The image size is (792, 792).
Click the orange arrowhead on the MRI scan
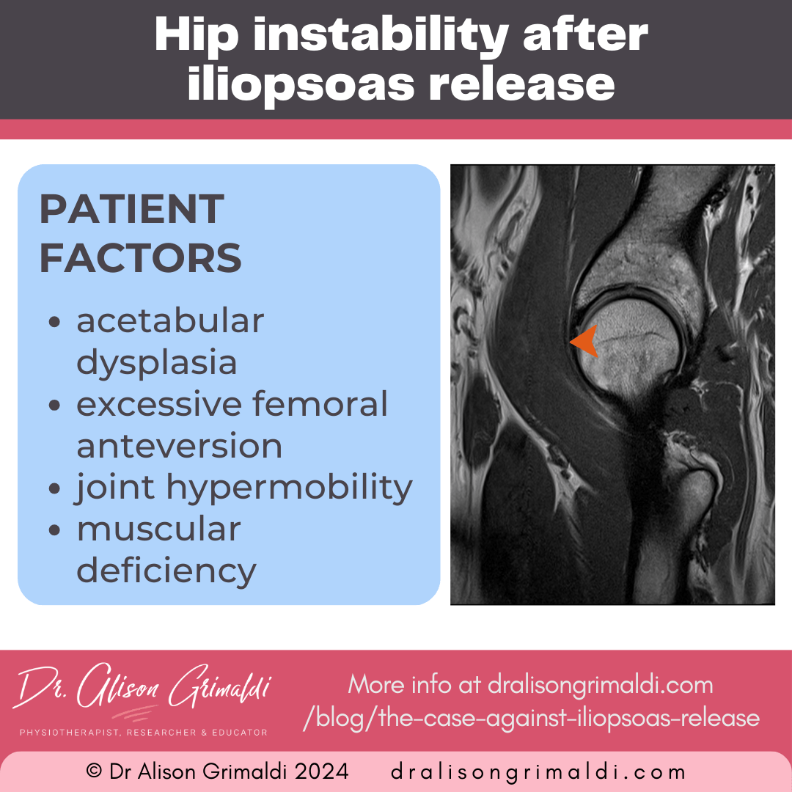point(586,342)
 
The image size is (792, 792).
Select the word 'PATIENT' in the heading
point(131,210)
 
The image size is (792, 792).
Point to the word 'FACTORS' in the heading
point(140,258)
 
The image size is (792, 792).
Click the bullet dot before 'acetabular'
point(54,323)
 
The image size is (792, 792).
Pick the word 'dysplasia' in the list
point(157,362)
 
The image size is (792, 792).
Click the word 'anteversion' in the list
point(179,446)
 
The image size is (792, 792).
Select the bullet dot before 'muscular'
point(54,531)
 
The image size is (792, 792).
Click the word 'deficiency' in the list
point(166,571)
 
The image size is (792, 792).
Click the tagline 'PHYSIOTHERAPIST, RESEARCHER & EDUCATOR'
point(142,733)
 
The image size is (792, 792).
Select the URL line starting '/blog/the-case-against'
point(531,716)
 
